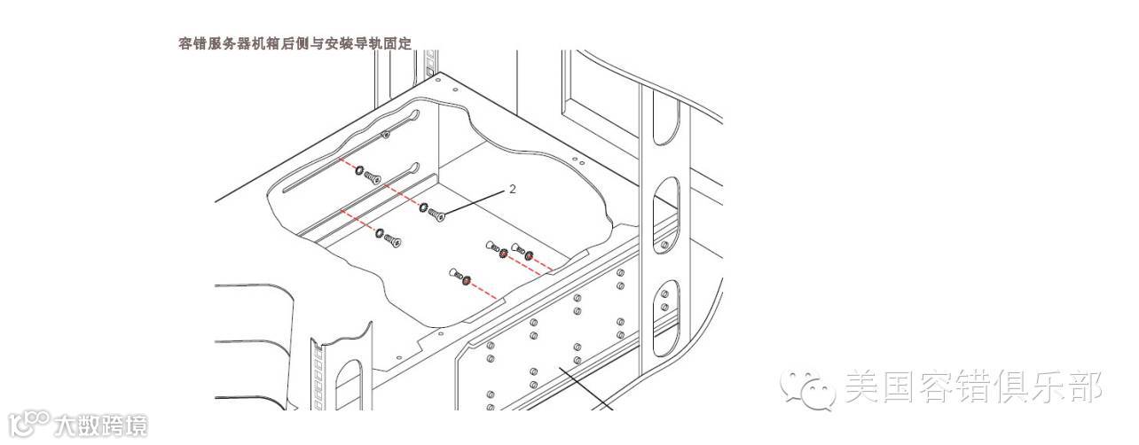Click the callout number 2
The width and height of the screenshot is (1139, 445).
512,189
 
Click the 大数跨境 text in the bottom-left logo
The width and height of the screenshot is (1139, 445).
100,425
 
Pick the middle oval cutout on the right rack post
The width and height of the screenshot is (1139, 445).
666,205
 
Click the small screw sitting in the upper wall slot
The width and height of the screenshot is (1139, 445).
385,134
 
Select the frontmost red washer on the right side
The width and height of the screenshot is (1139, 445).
466,281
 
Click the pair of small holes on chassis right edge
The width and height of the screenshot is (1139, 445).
578,161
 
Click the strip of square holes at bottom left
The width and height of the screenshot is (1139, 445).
317,377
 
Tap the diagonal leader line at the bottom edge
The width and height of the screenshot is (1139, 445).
586,390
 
